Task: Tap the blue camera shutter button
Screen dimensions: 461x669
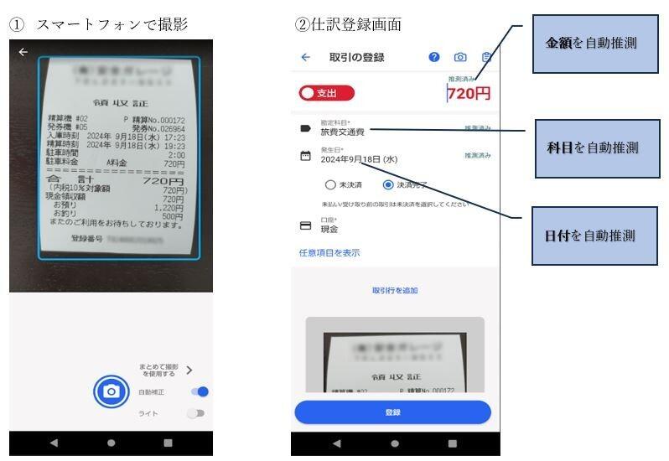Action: tap(111, 391)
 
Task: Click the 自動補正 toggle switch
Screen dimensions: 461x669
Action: tap(199, 391)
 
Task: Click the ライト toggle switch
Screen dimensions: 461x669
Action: tap(195, 413)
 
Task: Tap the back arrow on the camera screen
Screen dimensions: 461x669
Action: tap(23, 52)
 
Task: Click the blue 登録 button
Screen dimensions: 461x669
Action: tap(392, 412)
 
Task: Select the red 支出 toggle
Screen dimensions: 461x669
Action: tap(326, 94)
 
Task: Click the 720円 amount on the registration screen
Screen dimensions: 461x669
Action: tap(469, 94)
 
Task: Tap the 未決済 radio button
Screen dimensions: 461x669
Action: tap(330, 185)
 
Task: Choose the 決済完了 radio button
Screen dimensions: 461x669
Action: tap(388, 185)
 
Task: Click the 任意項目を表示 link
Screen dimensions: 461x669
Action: tap(329, 252)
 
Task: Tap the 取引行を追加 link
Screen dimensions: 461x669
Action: tap(395, 291)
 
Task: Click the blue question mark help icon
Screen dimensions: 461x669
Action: tap(434, 57)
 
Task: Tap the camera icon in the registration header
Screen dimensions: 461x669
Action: tap(460, 57)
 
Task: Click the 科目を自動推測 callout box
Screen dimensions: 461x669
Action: tap(592, 148)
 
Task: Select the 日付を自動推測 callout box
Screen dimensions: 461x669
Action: tap(589, 236)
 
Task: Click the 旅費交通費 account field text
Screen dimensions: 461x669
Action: tap(343, 132)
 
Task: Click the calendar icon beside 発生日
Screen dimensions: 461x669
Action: tap(306, 156)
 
